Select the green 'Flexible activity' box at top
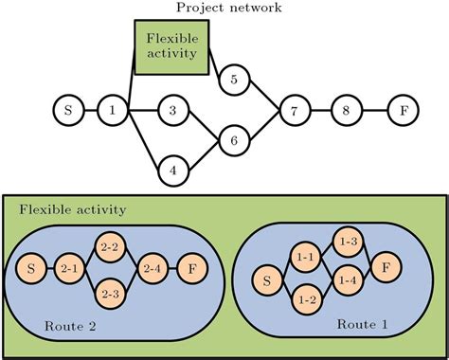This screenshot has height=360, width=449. [x=171, y=46]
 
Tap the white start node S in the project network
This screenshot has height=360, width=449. [x=67, y=111]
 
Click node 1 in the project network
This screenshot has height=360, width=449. [x=113, y=111]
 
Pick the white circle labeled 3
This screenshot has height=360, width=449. [x=172, y=111]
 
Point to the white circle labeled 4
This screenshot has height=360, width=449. [x=172, y=171]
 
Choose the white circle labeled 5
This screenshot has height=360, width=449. [x=233, y=81]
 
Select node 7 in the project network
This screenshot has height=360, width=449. [x=295, y=111]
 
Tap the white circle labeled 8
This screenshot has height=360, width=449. [x=347, y=111]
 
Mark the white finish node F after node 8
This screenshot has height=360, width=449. [x=404, y=111]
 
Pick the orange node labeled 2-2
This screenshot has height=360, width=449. [x=109, y=248]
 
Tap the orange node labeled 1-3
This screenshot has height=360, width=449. [x=347, y=243]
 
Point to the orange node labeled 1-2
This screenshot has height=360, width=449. [x=306, y=299]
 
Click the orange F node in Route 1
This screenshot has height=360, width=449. [x=386, y=268]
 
